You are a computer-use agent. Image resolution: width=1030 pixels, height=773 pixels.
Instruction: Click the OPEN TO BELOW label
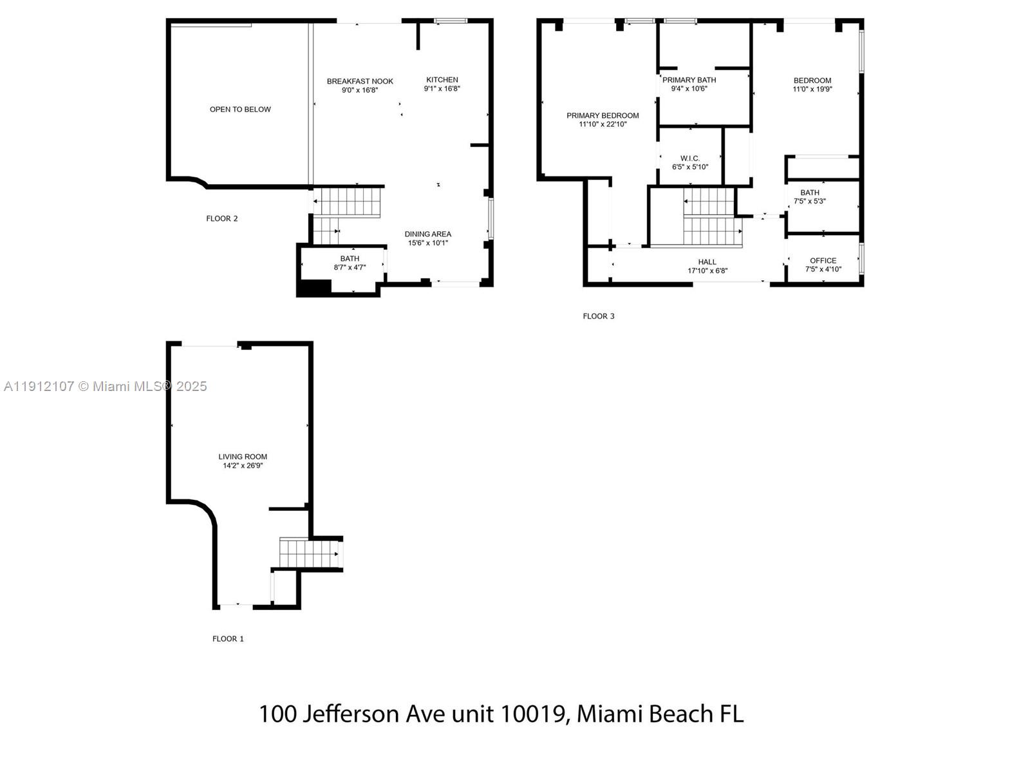click(240, 110)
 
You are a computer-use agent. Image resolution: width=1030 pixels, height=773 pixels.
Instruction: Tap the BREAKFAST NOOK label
click(360, 81)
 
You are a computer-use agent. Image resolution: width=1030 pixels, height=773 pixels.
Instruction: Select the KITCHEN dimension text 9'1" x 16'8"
click(442, 89)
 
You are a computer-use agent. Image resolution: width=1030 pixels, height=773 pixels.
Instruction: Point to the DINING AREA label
click(427, 234)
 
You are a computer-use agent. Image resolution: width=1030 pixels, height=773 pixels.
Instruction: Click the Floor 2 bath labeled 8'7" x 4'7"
click(350, 263)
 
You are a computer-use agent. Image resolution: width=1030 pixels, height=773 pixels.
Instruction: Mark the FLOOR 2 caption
click(222, 218)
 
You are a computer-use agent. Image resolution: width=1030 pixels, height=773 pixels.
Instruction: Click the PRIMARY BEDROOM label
click(603, 116)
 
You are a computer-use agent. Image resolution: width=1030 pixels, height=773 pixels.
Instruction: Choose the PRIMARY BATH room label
click(689, 80)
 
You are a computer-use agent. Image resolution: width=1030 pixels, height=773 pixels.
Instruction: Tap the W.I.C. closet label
click(690, 158)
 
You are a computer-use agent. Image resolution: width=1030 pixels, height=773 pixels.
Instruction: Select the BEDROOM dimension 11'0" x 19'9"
click(812, 90)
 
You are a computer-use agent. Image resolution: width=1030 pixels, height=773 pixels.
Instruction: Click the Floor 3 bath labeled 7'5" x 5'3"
click(810, 196)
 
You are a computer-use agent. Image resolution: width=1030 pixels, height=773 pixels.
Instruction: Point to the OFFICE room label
click(823, 261)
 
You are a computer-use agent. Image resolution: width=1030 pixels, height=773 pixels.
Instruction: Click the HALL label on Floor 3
click(707, 262)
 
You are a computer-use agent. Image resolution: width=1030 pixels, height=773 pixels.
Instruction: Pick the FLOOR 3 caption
click(599, 316)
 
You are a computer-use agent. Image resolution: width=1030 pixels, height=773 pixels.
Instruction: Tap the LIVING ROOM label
click(243, 457)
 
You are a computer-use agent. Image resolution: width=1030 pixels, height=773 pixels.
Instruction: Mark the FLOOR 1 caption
click(228, 639)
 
